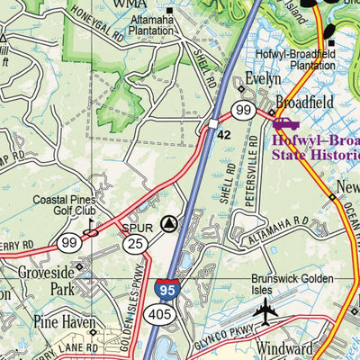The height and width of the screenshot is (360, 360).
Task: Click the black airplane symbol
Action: tap(265, 311)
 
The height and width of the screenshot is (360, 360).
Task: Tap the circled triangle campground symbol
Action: tap(168, 222)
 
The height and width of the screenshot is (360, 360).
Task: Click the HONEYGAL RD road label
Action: tap(94, 33)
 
